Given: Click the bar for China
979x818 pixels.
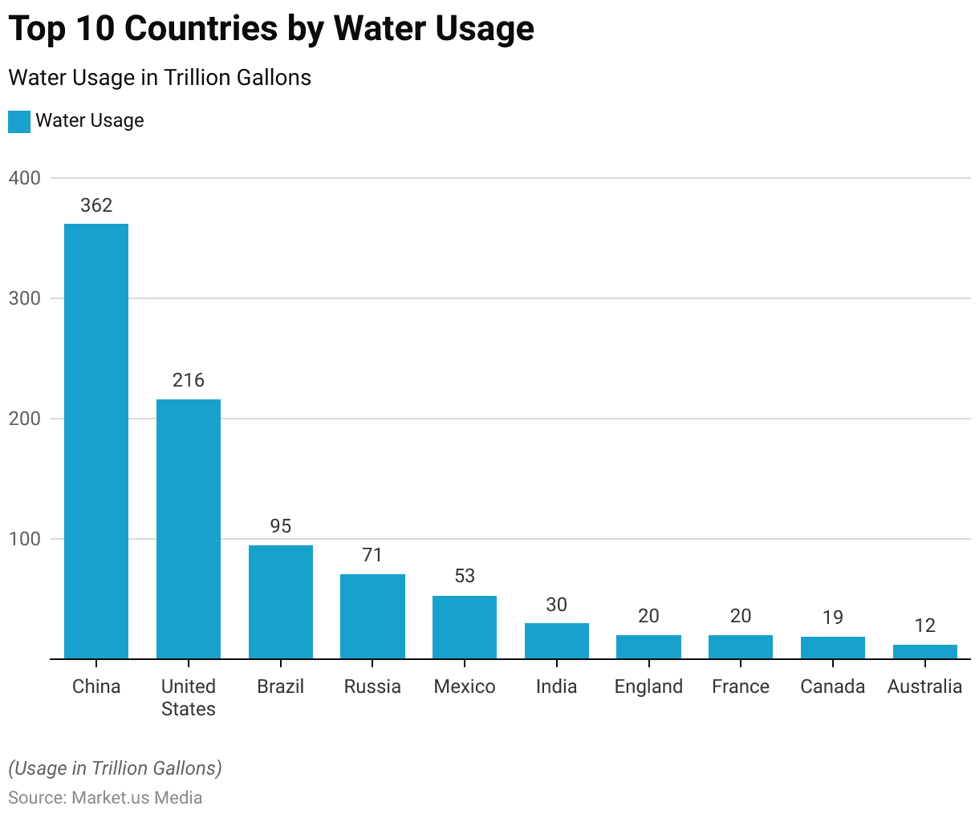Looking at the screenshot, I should tap(96, 441).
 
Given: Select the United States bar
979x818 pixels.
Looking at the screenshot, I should tap(189, 529).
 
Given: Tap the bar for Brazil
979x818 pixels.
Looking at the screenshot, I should tap(281, 602).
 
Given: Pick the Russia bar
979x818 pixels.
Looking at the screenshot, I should tap(372, 617).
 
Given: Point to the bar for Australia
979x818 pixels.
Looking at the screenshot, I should tap(925, 652).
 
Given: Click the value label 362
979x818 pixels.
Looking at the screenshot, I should tap(96, 205).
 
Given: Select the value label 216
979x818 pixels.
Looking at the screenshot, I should tap(189, 380).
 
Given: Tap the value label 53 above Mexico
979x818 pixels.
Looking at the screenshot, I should tap(465, 576).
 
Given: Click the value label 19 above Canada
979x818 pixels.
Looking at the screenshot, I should tap(833, 618).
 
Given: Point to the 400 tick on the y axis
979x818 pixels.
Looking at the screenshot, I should tap(25, 178).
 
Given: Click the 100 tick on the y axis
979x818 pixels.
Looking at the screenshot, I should tap(25, 539).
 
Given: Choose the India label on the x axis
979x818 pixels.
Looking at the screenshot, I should tap(556, 686).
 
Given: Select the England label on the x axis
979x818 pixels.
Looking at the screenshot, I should tap(648, 686).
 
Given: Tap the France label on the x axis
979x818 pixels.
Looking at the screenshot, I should tap(741, 686).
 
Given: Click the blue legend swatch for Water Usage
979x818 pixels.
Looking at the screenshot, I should tap(19, 121).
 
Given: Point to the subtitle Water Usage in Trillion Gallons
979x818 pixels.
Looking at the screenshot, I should tap(160, 78).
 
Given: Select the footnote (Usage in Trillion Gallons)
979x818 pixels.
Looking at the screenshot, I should tap(115, 768).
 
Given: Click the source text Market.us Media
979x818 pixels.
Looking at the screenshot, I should tap(136, 798).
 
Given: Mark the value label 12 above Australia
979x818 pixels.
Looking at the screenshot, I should tap(925, 626).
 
